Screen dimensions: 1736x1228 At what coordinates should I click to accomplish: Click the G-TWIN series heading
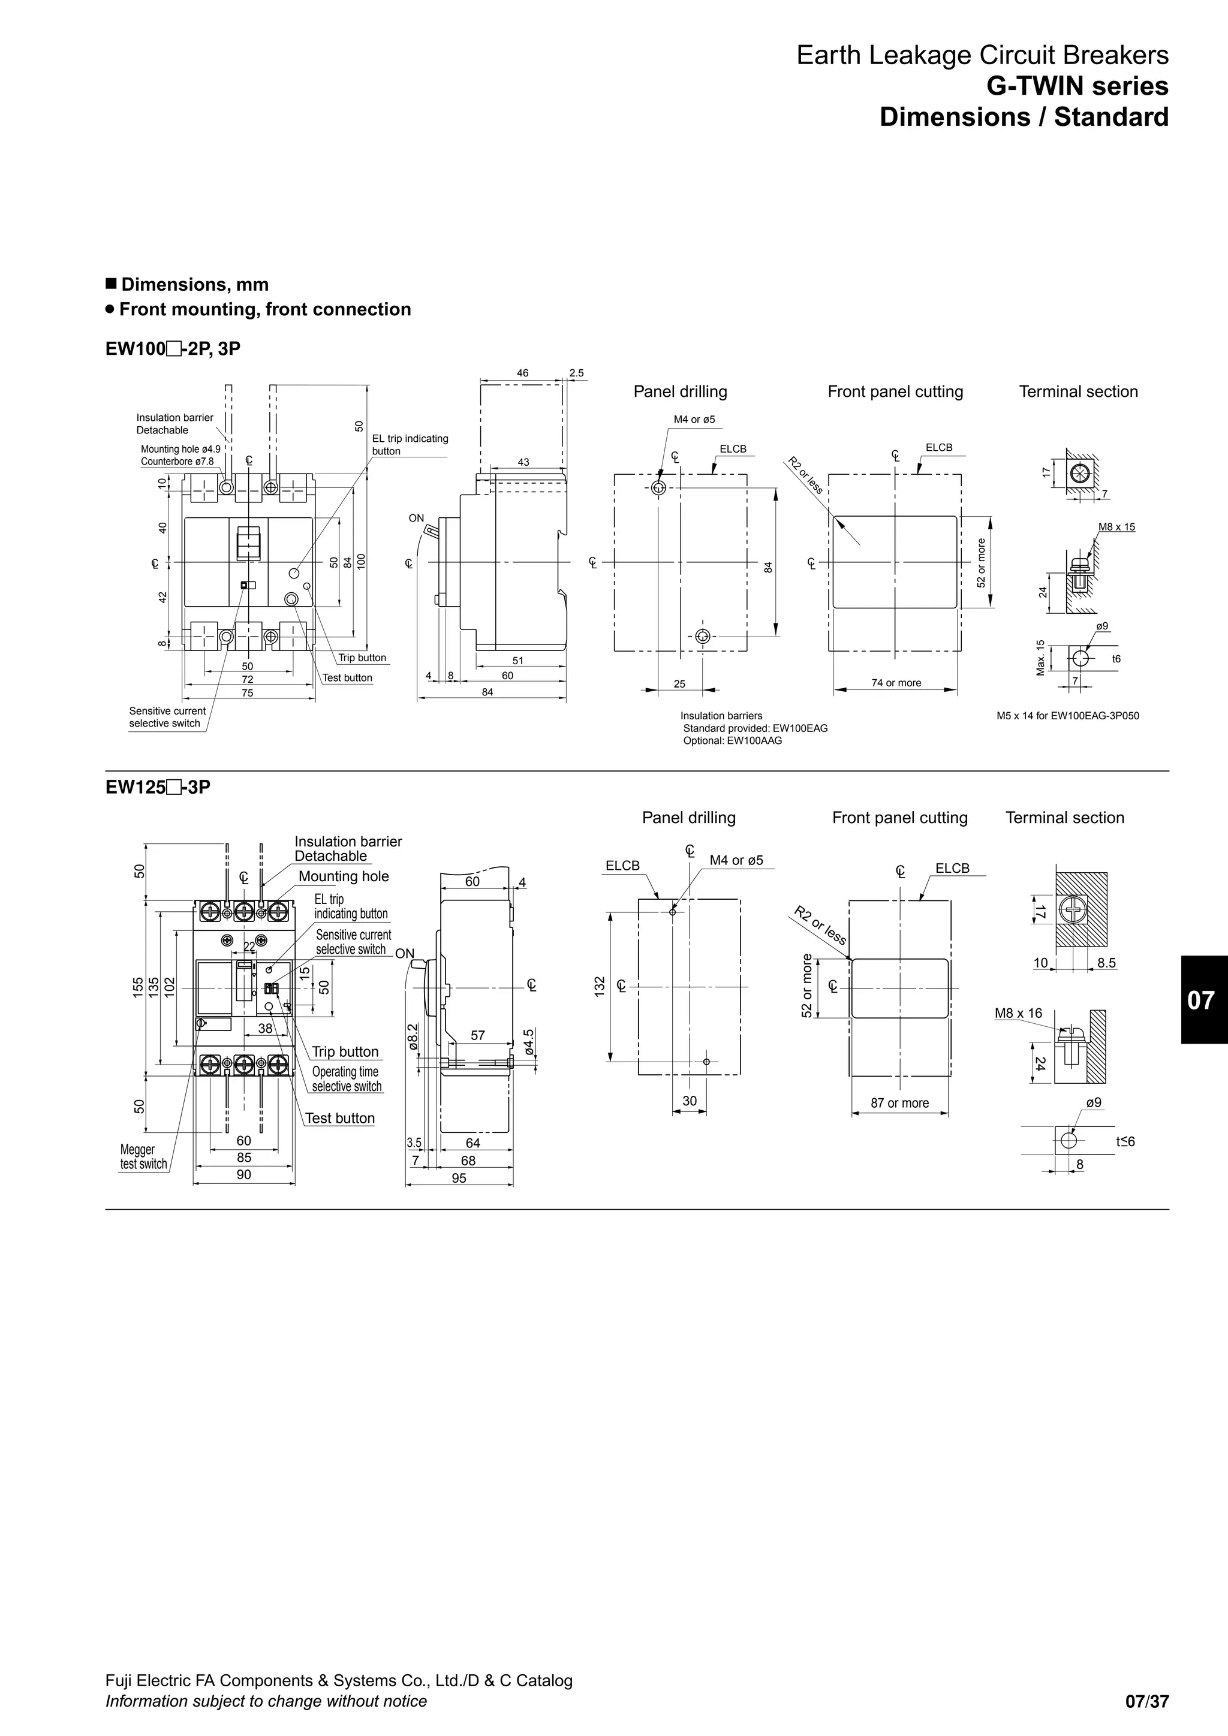1077,86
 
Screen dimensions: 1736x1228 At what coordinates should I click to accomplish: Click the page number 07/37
1146,1702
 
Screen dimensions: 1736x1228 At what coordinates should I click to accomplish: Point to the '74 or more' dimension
896,683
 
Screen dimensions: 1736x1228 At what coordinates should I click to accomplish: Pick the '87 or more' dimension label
899,1102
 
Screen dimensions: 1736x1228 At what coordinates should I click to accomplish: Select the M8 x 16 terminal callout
1018,1013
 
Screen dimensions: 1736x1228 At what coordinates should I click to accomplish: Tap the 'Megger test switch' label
143,1157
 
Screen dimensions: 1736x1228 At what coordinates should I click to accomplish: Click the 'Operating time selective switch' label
347,1079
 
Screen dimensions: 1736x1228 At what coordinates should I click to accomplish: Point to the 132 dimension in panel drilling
600,985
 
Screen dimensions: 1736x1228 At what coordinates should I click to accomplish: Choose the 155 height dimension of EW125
139,987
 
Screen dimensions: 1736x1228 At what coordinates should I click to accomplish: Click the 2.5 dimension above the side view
576,373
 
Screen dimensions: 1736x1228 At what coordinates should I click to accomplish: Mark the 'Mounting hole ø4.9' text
180,449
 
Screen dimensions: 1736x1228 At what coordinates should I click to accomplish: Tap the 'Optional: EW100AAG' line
732,740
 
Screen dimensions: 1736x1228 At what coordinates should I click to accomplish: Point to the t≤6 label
1124,1142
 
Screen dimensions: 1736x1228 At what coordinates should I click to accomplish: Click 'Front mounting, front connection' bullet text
264,309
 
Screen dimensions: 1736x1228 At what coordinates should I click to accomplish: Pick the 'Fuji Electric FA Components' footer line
339,1680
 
